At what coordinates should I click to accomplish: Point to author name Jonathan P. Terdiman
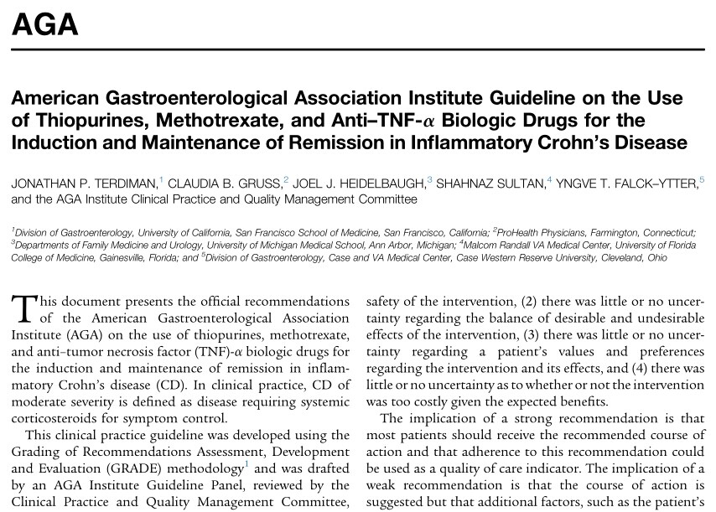point(83,182)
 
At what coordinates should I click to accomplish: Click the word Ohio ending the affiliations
point(656,257)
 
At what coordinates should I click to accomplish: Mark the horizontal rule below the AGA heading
point(358,49)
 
